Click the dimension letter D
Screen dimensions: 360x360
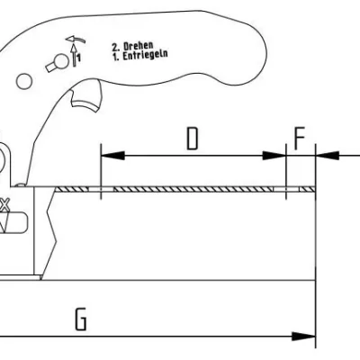coord(193,139)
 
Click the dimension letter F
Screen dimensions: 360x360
coord(300,139)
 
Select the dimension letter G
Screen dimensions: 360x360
coord(81,319)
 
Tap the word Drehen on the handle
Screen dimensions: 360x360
coord(139,46)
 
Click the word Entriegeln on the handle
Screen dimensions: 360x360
coord(145,55)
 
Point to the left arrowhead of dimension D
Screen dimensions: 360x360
coord(113,156)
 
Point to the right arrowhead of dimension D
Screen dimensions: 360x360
coord(274,156)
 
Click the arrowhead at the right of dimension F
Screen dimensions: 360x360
coord(328,156)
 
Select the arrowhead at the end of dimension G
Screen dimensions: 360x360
coord(303,337)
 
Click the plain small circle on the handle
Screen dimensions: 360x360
coord(23,81)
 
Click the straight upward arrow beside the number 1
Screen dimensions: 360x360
coord(74,55)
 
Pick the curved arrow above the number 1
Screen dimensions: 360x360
coord(76,39)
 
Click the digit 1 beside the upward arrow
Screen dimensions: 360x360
coord(78,58)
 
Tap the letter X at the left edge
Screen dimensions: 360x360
coord(4,205)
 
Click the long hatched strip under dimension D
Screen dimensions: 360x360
coord(193,189)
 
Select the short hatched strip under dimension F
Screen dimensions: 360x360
coord(308,189)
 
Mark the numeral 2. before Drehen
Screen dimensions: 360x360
coord(116,47)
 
